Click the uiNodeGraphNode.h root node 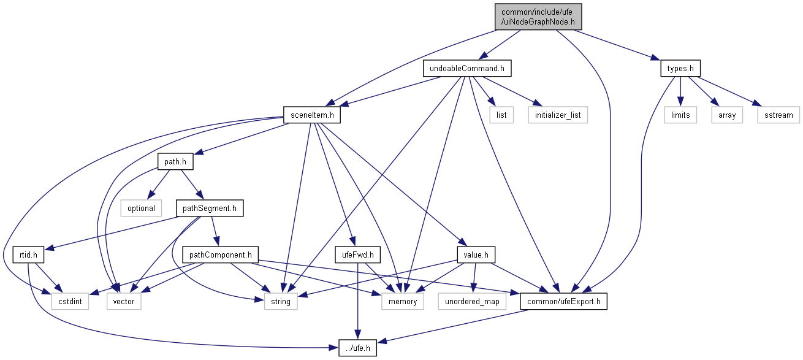pyautogui.click(x=538, y=17)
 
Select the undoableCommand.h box pyautogui.click(x=466, y=68)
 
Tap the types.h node pyautogui.click(x=680, y=68)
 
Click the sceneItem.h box pyautogui.click(x=312, y=115)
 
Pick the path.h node pyautogui.click(x=175, y=161)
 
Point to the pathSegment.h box pyautogui.click(x=210, y=208)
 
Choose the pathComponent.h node pyautogui.click(x=220, y=255)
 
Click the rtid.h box pyautogui.click(x=28, y=255)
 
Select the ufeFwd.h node pyautogui.click(x=358, y=255)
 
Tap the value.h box pyautogui.click(x=476, y=255)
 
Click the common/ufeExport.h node pyautogui.click(x=563, y=301)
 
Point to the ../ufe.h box pyautogui.click(x=358, y=348)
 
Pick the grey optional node pyautogui.click(x=141, y=208)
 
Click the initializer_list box pyautogui.click(x=558, y=115)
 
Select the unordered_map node pyautogui.click(x=472, y=301)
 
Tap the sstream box pyautogui.click(x=778, y=115)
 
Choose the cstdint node pyautogui.click(x=70, y=301)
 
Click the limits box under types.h pyautogui.click(x=680, y=115)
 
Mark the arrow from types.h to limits pyautogui.click(x=680, y=91)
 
